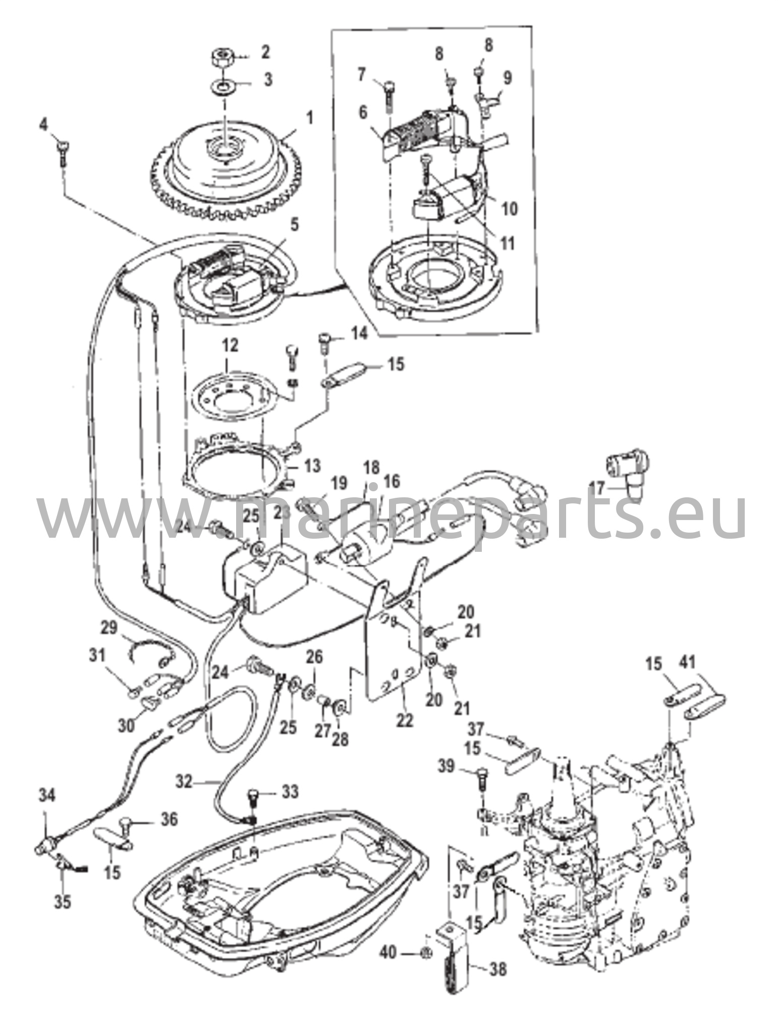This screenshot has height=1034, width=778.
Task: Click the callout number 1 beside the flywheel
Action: (x=309, y=119)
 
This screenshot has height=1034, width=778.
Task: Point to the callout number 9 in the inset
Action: (x=507, y=78)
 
